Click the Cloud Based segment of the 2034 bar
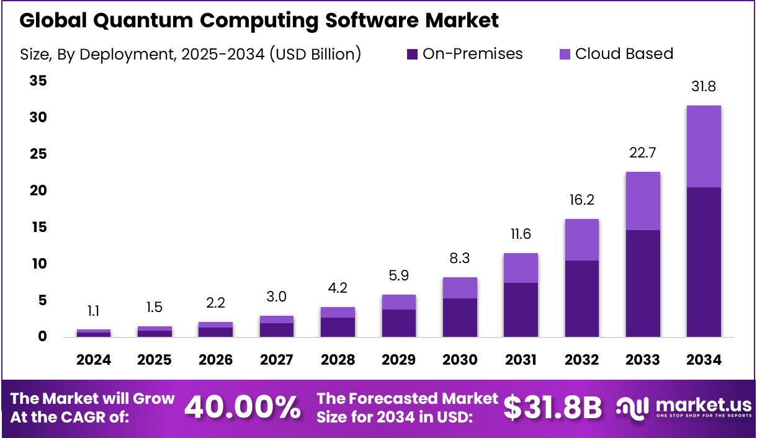704,146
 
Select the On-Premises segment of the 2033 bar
643,284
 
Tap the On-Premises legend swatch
412,55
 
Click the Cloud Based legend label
624,54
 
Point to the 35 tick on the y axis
38,81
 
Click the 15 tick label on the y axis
38,227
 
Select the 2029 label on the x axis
398,360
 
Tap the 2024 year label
94,360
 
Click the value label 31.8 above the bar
704,86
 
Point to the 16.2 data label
581,200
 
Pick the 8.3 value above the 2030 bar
460,258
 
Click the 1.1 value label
94,311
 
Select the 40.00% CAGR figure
243,408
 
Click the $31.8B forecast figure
552,408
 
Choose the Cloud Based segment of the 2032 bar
581,239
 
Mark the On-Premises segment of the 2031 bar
521,310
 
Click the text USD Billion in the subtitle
313,54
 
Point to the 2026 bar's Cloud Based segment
215,324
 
